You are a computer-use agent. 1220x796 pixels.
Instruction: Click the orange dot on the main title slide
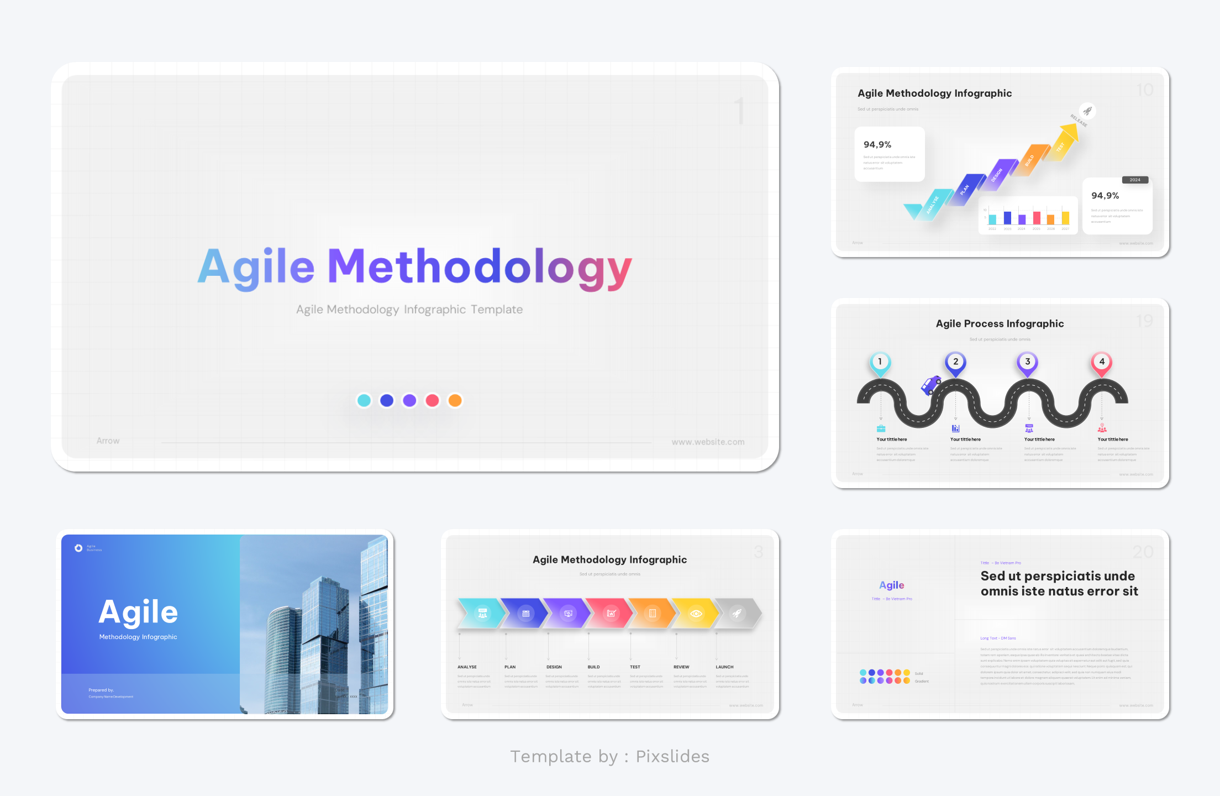pos(455,400)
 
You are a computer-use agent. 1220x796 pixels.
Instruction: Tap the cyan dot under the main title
pos(364,400)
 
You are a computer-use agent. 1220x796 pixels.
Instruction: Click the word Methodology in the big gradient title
pos(479,268)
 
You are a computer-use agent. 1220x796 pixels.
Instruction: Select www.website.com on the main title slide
pos(708,442)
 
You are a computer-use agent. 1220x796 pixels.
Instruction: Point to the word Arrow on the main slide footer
pos(108,441)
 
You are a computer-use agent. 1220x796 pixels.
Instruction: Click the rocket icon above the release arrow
pos(1087,111)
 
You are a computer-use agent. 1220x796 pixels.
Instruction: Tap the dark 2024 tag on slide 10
pos(1135,180)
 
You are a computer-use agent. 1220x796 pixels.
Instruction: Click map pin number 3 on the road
pos(1027,363)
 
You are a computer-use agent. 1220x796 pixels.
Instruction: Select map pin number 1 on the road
pos(880,363)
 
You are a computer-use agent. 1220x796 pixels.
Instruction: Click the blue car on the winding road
pos(931,384)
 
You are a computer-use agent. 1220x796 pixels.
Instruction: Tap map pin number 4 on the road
pos(1102,363)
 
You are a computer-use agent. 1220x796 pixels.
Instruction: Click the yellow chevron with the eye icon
pos(696,613)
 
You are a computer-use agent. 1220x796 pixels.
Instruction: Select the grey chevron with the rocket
pos(737,613)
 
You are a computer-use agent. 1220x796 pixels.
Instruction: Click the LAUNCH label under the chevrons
pos(724,667)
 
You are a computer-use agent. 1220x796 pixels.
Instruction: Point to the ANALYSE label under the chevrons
pos(467,667)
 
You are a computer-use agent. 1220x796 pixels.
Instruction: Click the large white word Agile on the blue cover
pos(138,612)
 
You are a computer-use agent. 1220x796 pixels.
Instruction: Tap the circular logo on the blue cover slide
pos(78,548)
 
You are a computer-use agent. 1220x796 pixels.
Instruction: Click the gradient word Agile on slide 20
pos(891,585)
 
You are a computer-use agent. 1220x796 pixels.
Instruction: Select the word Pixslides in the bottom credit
pos(672,756)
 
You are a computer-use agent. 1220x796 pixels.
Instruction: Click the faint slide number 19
pos(1144,321)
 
